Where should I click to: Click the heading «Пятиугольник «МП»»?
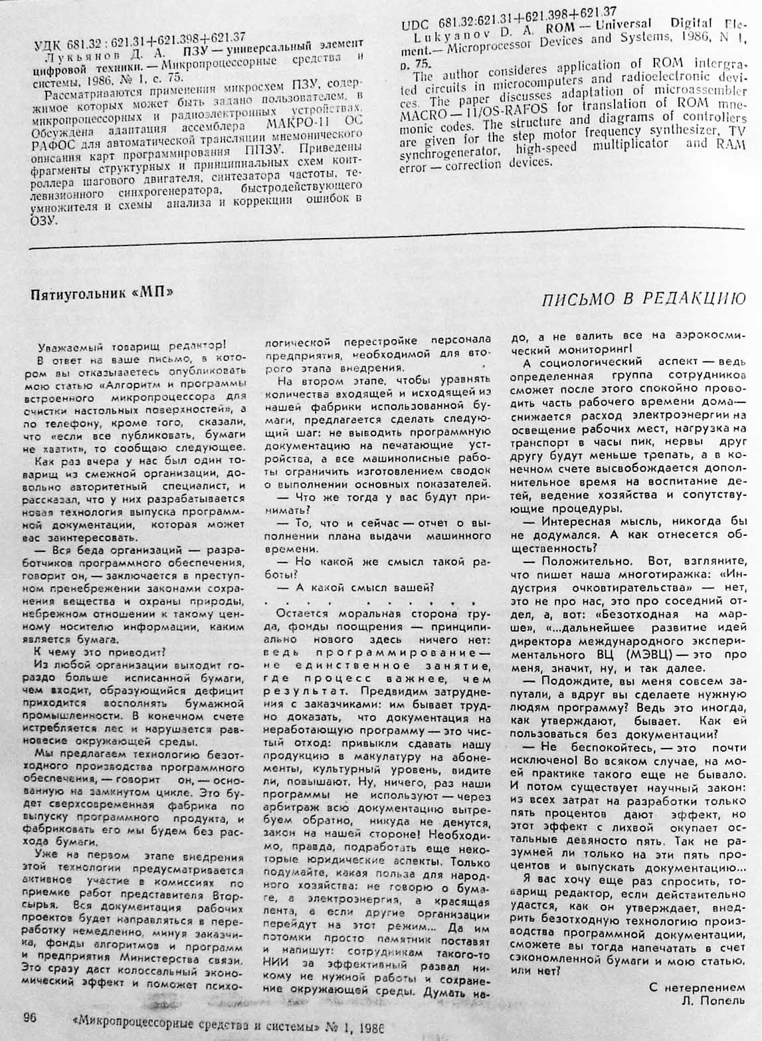(106, 294)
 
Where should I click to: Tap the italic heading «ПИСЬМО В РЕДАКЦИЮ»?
(644, 298)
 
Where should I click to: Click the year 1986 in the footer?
(363, 1023)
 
